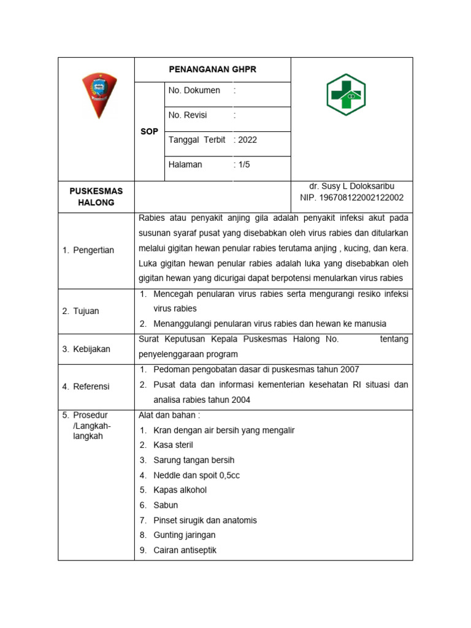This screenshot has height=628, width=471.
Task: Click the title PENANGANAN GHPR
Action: [212, 69]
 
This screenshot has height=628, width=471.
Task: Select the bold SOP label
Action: [149, 131]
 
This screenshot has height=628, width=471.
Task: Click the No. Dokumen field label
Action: [194, 90]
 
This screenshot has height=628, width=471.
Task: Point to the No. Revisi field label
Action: [188, 115]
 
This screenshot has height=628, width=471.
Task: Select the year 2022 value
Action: [247, 139]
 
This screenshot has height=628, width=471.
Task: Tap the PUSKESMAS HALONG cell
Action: [96, 196]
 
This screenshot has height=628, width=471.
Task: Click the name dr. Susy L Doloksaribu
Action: [352, 186]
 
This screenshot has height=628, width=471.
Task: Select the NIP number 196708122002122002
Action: [352, 197]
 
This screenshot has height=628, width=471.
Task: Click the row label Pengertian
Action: [93, 250]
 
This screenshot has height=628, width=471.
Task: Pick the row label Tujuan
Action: [85, 311]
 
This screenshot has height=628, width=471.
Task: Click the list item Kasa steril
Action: [173, 445]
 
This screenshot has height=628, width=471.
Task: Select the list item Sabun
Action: [166, 505]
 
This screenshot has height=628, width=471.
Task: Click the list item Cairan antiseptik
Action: [185, 550]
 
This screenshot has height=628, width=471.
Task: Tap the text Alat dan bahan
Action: [169, 415]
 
